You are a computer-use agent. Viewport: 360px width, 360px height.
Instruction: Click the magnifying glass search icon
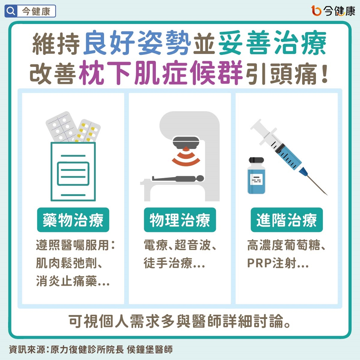(x=11, y=11)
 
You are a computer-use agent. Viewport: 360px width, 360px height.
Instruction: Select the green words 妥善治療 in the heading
(x=272, y=44)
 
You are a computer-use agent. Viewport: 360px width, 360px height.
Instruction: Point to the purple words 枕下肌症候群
(x=161, y=73)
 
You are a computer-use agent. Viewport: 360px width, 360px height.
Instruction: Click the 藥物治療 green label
(x=73, y=220)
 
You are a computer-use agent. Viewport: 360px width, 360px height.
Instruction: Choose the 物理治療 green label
(x=180, y=220)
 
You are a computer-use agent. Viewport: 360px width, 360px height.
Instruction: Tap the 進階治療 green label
(x=287, y=220)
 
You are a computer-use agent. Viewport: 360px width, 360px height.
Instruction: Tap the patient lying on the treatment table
(x=178, y=179)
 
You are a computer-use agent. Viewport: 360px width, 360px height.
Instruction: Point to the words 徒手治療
(x=168, y=263)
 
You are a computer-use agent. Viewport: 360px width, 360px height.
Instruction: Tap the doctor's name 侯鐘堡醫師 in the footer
(x=150, y=350)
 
